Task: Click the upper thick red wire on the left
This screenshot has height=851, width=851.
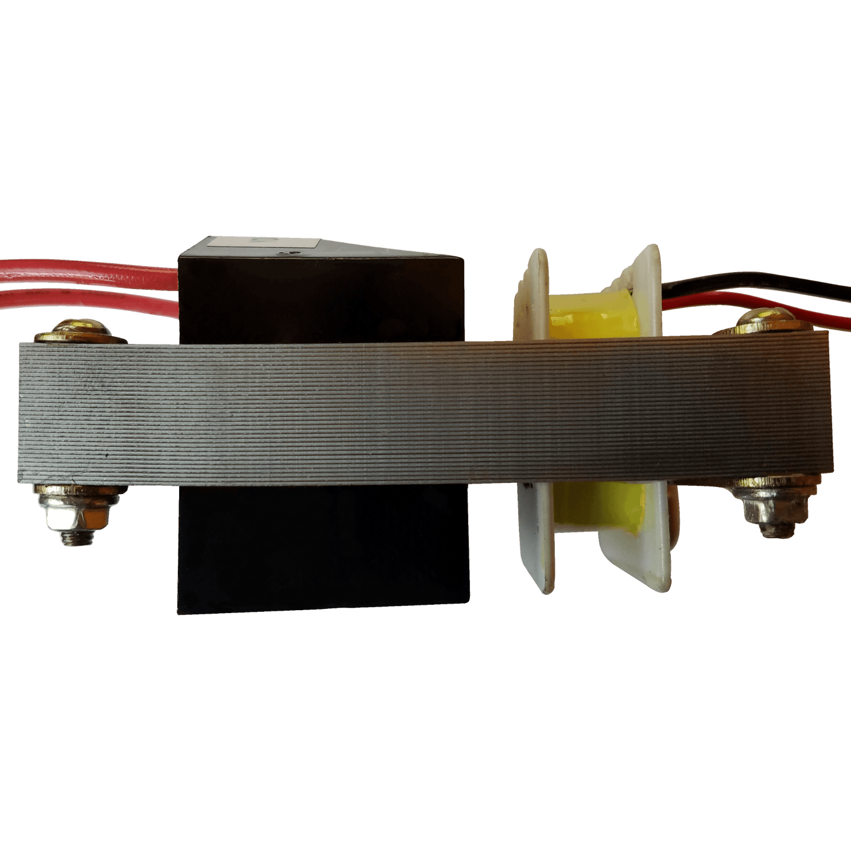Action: [88, 272]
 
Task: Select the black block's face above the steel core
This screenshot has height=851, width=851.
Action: [318, 300]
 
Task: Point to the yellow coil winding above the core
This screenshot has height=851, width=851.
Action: [589, 318]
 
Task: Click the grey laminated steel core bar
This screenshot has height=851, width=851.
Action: [412, 412]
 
